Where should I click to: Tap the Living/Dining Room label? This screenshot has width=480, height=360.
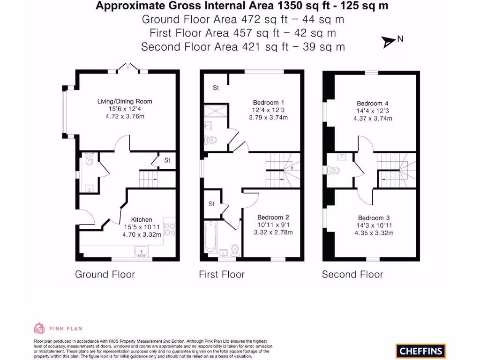pyautogui.click(x=125, y=101)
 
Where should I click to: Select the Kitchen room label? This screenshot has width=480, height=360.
pyautogui.click(x=142, y=219)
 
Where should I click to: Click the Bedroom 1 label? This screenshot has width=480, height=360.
pyautogui.click(x=268, y=103)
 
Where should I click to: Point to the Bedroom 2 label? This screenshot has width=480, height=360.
pyautogui.click(x=273, y=217)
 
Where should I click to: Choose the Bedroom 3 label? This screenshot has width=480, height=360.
pyautogui.click(x=374, y=218)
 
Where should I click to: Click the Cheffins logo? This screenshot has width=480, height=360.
pyautogui.click(x=420, y=351)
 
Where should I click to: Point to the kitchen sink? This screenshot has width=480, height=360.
pyautogui.click(x=141, y=252)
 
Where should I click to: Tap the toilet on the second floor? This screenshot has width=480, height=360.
pyautogui.click(x=335, y=170)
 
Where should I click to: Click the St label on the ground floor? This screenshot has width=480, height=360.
pyautogui.click(x=167, y=160)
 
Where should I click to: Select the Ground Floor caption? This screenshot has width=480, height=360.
pyautogui.click(x=105, y=275)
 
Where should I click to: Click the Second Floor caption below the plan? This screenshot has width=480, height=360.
pyautogui.click(x=352, y=275)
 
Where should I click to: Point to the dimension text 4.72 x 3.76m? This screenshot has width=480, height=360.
pyautogui.click(x=125, y=116)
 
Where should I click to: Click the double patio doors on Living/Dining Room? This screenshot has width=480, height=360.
pyautogui.click(x=127, y=68)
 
